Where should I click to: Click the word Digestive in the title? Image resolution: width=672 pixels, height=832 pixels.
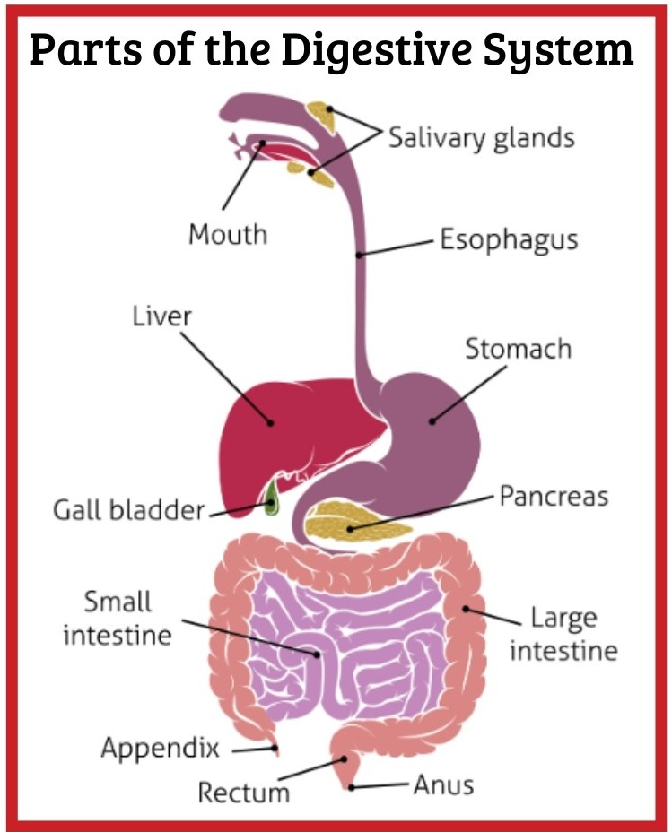376,50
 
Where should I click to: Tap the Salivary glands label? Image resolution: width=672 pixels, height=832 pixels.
482,138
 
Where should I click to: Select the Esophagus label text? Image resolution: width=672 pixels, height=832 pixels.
509,240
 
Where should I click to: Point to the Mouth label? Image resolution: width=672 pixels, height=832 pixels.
228,235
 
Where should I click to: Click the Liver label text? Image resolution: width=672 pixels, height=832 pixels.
161,316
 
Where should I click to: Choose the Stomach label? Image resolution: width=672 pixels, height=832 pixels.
519,349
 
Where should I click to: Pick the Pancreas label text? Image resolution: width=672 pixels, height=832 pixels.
554,497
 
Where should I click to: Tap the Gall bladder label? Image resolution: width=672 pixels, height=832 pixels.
128,510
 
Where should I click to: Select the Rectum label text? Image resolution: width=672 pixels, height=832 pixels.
244,793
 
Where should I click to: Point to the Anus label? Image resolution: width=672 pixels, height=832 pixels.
444,784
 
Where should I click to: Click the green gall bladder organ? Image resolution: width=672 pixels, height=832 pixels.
271,498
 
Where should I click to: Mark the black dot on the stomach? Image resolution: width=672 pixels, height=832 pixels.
432,422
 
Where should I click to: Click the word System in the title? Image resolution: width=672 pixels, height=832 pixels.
558,50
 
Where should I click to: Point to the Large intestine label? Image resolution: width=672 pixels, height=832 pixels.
563,635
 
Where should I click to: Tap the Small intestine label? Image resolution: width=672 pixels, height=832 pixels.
118,619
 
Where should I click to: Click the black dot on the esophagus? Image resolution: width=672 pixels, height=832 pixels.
360,256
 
